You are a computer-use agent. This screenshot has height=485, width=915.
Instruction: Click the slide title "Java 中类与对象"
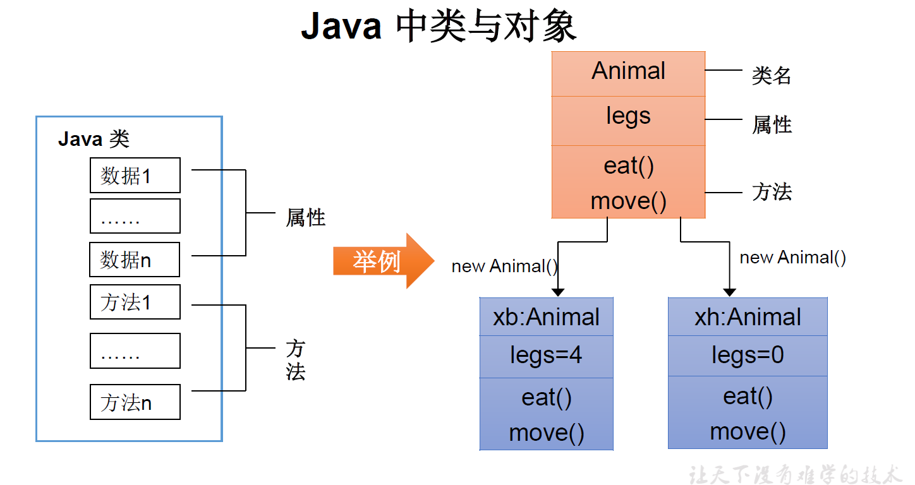[439, 27]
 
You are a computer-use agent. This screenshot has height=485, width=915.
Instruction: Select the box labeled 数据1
[135, 175]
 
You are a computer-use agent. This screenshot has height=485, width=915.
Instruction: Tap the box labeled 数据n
[134, 260]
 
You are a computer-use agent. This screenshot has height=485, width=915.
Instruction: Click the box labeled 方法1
[135, 302]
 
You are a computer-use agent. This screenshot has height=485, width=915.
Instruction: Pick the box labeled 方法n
[135, 402]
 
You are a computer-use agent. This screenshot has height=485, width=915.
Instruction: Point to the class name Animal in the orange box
[628, 71]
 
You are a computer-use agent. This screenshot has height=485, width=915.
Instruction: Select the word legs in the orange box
[628, 116]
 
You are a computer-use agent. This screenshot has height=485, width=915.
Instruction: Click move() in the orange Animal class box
[628, 201]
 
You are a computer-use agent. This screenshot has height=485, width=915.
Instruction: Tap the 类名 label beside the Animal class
[772, 76]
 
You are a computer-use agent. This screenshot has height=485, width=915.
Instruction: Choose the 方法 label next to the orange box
[772, 191]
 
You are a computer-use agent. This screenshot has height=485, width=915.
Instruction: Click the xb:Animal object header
[546, 316]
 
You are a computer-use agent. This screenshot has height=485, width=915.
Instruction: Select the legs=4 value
[546, 356]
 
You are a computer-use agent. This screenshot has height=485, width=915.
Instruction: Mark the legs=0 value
[748, 355]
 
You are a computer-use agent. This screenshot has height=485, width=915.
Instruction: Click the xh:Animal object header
[748, 316]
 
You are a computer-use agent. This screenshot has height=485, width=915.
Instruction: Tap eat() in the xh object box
[748, 397]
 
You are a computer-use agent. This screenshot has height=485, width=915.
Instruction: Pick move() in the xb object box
[546, 433]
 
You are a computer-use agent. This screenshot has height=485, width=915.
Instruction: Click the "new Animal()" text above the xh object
[792, 258]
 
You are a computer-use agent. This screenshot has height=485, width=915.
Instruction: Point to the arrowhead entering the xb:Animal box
[557, 292]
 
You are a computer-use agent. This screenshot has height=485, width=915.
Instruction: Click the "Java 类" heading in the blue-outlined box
[94, 139]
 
